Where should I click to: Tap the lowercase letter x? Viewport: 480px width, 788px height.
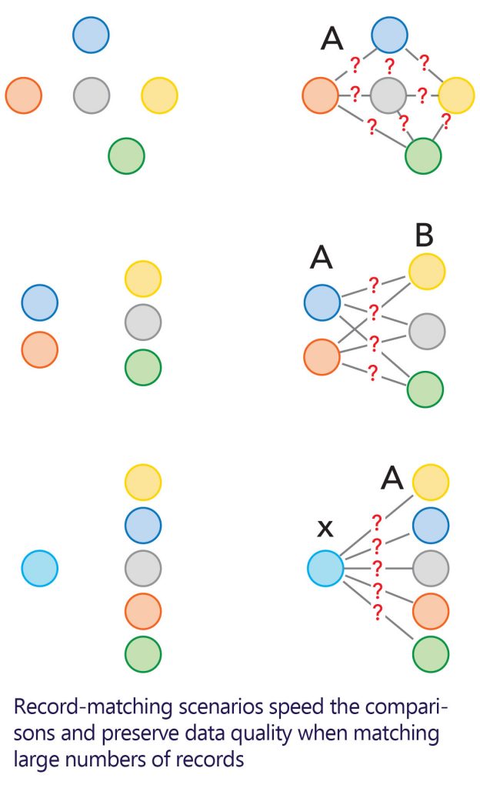325,527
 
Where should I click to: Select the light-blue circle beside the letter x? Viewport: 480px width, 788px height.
325,568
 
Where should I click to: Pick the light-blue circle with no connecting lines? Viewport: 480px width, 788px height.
40,569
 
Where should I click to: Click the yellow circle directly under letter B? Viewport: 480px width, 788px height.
427,270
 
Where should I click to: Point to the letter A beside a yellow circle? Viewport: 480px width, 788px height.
392,479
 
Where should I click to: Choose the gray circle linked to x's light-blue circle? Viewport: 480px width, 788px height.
431,568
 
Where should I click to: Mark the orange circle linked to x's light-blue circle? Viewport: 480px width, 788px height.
431,611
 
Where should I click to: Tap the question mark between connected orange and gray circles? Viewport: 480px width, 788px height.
355,95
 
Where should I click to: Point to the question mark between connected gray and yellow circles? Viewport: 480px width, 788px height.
422,96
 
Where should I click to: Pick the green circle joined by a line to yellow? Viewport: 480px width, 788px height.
423,155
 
